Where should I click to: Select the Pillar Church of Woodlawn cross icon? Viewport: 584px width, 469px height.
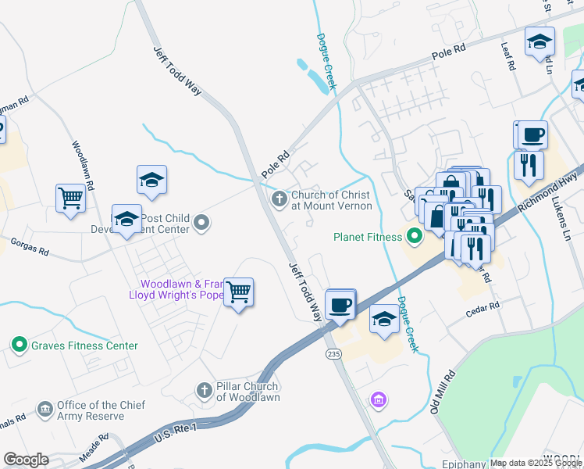point(204,390)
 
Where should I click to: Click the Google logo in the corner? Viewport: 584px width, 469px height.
point(26,460)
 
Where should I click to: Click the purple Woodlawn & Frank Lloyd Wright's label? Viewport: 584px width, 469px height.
point(176,289)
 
